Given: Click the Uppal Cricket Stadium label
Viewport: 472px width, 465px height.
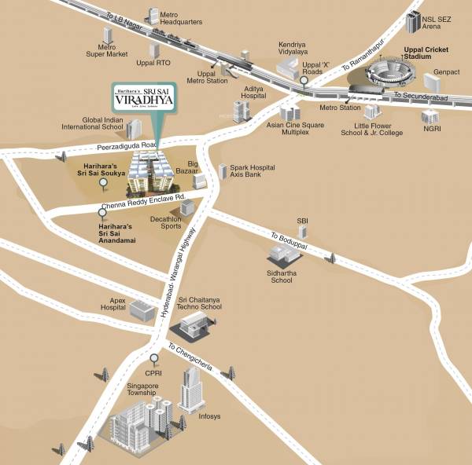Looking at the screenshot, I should point(426,53).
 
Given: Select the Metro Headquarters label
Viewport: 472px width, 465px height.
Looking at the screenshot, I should point(181,18).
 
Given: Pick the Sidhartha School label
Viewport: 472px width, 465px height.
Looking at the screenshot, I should point(281,276).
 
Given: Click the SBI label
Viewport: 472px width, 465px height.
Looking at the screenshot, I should point(302,221).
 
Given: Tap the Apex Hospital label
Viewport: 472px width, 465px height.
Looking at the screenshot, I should point(112,305).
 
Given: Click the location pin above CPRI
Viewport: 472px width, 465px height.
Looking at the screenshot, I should point(153,360).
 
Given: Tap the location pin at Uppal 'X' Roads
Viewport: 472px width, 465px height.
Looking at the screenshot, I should point(304,79).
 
